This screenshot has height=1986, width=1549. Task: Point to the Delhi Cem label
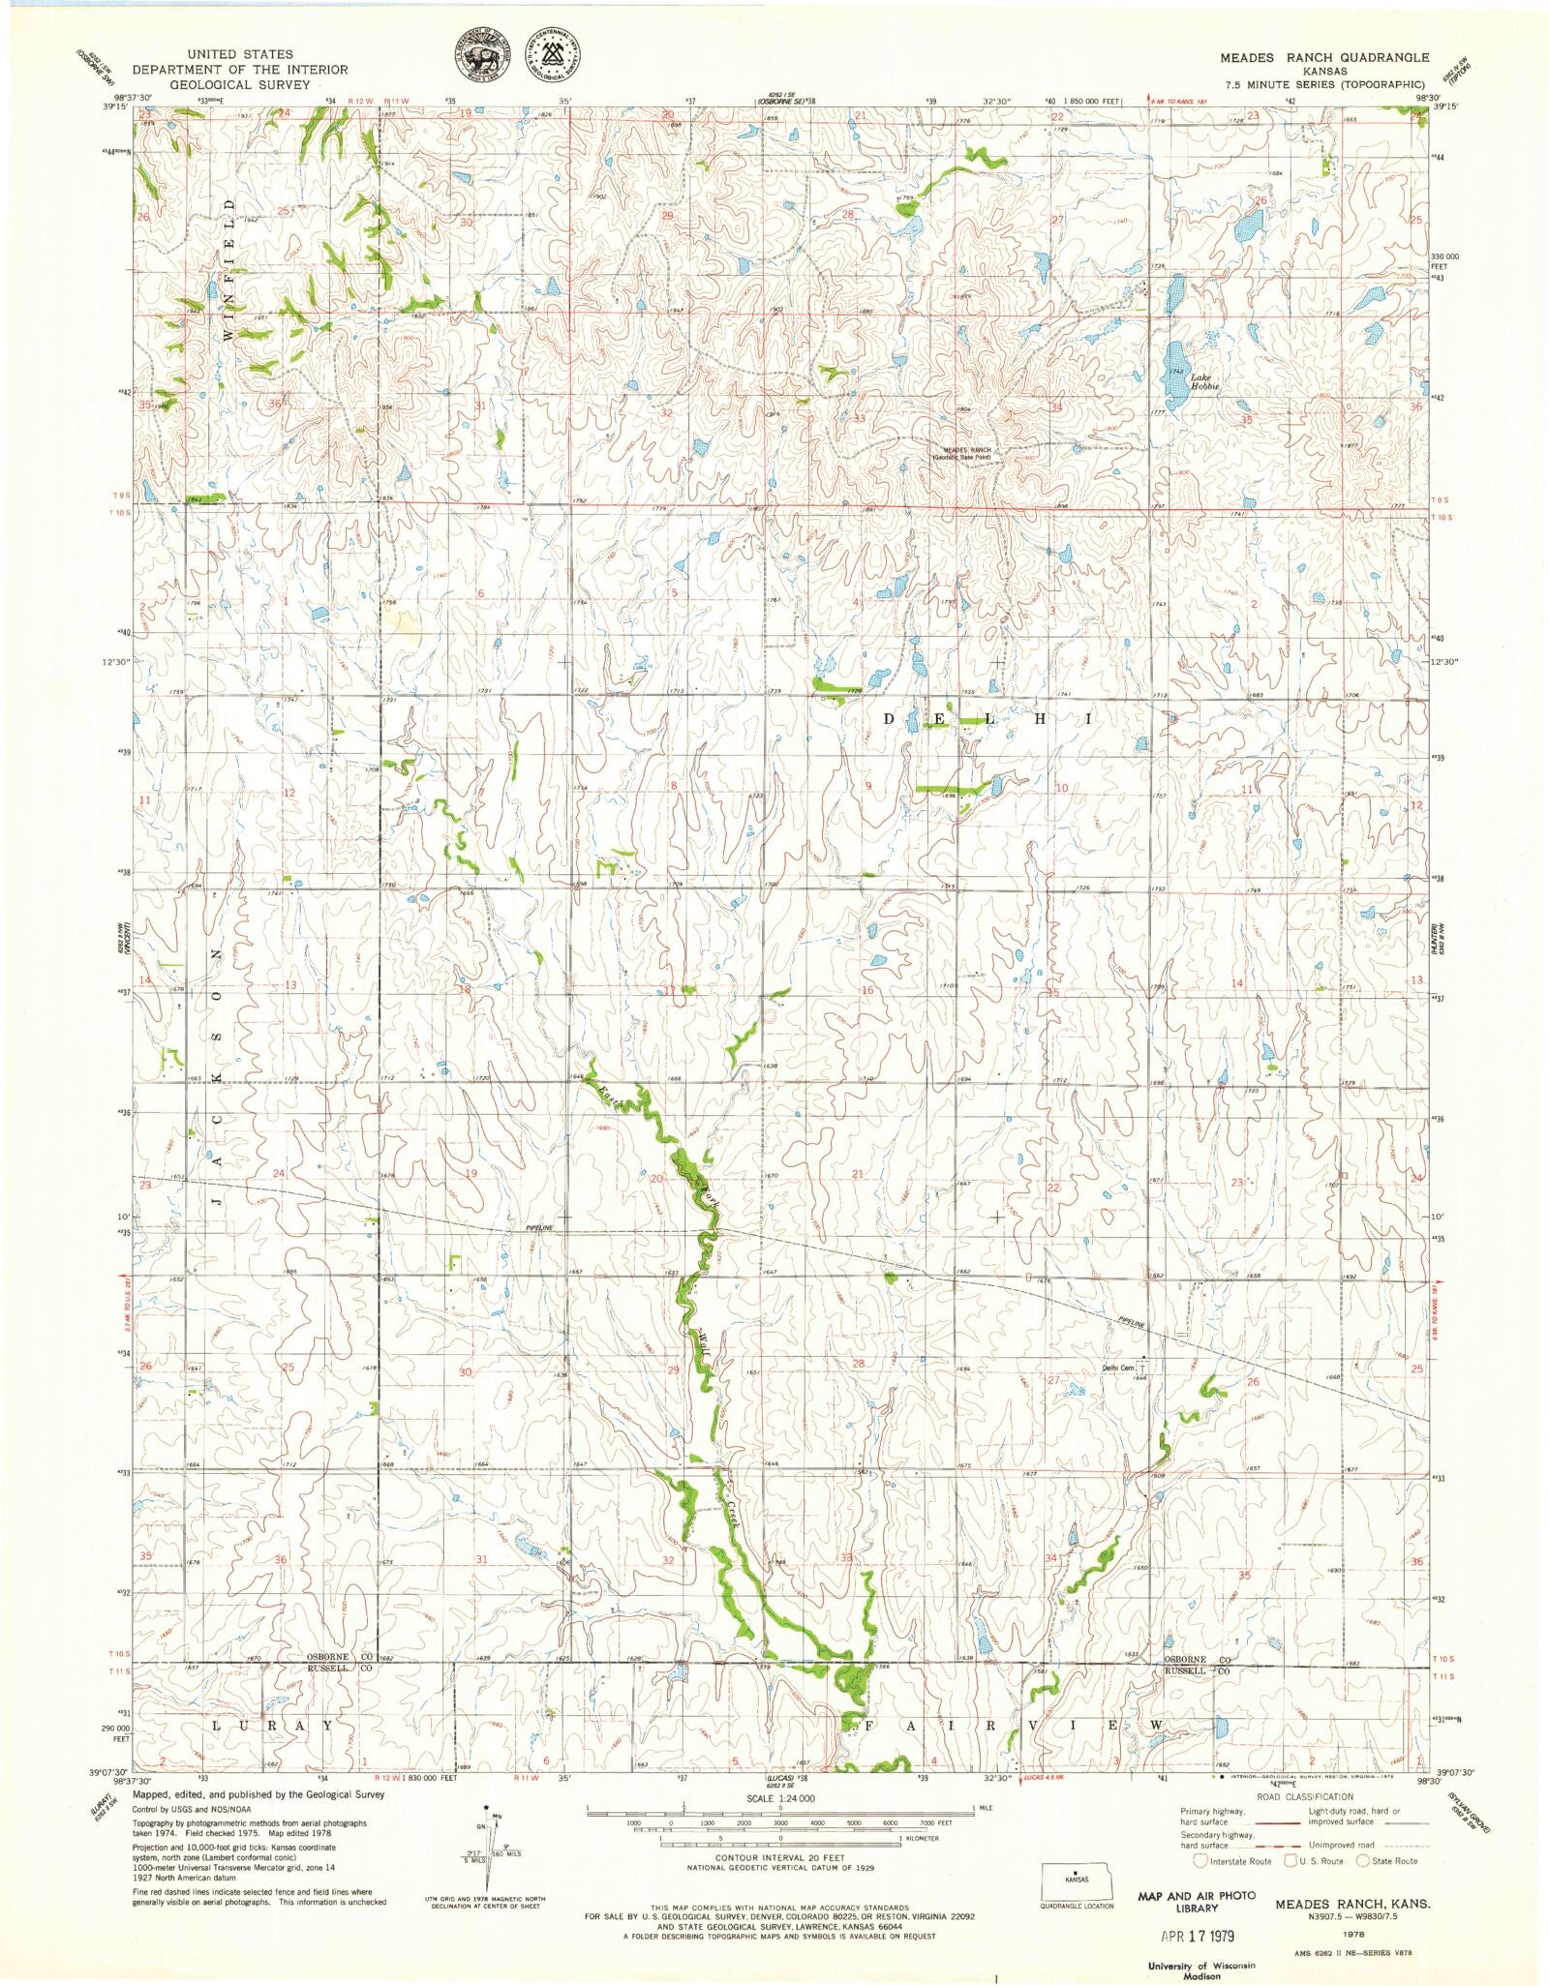pyautogui.click(x=1119, y=1368)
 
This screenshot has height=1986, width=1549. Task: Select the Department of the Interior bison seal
pyautogui.click(x=481, y=59)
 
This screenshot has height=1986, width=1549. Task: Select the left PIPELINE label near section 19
pyautogui.click(x=539, y=1228)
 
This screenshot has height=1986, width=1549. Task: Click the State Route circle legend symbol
pyautogui.click(x=1364, y=1860)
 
